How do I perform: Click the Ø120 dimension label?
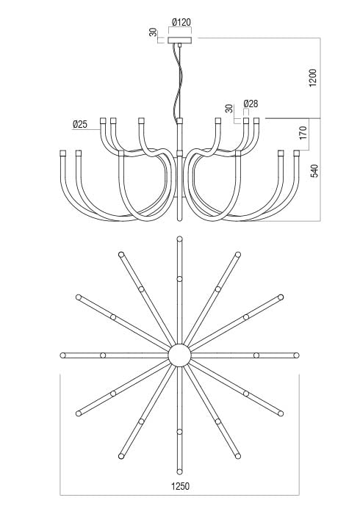pos(180,23)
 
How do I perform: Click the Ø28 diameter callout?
pos(251,104)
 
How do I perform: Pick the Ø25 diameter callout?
pos(80,125)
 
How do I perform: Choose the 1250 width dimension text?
pos(181,486)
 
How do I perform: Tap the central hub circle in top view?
pos(180,355)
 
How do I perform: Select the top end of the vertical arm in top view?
pos(180,239)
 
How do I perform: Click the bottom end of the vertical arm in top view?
pos(180,472)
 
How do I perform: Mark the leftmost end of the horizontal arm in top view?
pos(63,355)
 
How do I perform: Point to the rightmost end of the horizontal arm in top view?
pos(297,355)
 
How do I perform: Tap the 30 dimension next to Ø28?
pos(229,108)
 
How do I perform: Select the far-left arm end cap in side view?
pos(63,152)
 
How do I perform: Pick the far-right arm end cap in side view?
pos(297,152)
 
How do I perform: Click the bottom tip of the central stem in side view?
pos(180,217)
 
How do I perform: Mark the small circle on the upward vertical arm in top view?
pos(180,278)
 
